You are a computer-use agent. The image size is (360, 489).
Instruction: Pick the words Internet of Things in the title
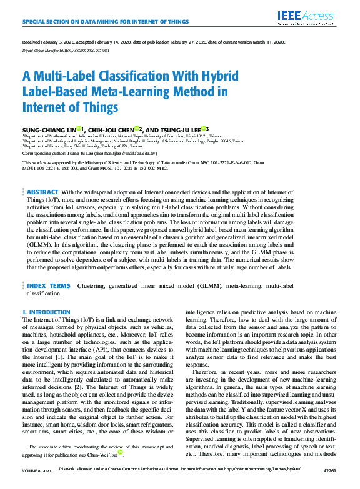pos(70,107)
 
